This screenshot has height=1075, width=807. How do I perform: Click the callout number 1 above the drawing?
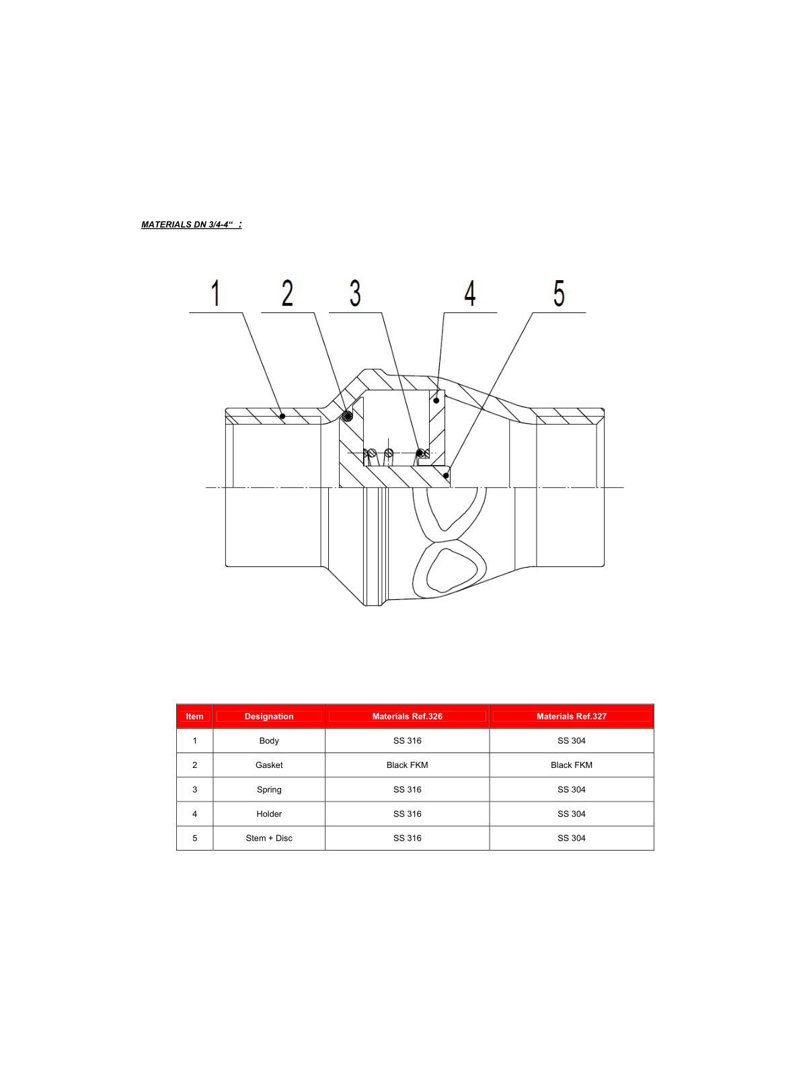click(215, 294)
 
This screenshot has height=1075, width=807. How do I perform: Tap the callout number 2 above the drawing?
click(287, 294)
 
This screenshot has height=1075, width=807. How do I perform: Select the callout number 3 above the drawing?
click(355, 294)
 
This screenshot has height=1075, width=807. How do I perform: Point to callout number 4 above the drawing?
click(470, 294)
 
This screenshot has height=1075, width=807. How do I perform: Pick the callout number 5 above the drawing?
click(559, 294)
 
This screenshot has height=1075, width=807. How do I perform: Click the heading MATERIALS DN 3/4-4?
click(191, 224)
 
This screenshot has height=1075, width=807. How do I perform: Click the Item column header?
click(194, 716)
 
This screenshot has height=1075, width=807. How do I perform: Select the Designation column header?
click(269, 716)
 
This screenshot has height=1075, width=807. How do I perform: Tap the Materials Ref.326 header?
click(407, 716)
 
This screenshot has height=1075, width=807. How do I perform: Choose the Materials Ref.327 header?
click(571, 716)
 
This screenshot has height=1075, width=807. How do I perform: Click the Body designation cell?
click(269, 740)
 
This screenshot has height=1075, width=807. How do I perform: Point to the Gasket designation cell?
click(269, 765)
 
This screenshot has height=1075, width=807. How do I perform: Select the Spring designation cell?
click(269, 789)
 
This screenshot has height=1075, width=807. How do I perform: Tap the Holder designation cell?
click(269, 814)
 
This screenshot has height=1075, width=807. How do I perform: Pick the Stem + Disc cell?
click(269, 838)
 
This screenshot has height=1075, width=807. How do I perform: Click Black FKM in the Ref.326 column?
click(407, 765)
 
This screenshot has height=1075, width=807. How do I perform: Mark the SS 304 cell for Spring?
click(571, 789)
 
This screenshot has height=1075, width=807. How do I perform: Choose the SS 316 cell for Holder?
click(407, 814)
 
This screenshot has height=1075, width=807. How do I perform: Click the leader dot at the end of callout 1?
click(282, 417)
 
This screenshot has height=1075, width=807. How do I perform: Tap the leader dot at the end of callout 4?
click(436, 400)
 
